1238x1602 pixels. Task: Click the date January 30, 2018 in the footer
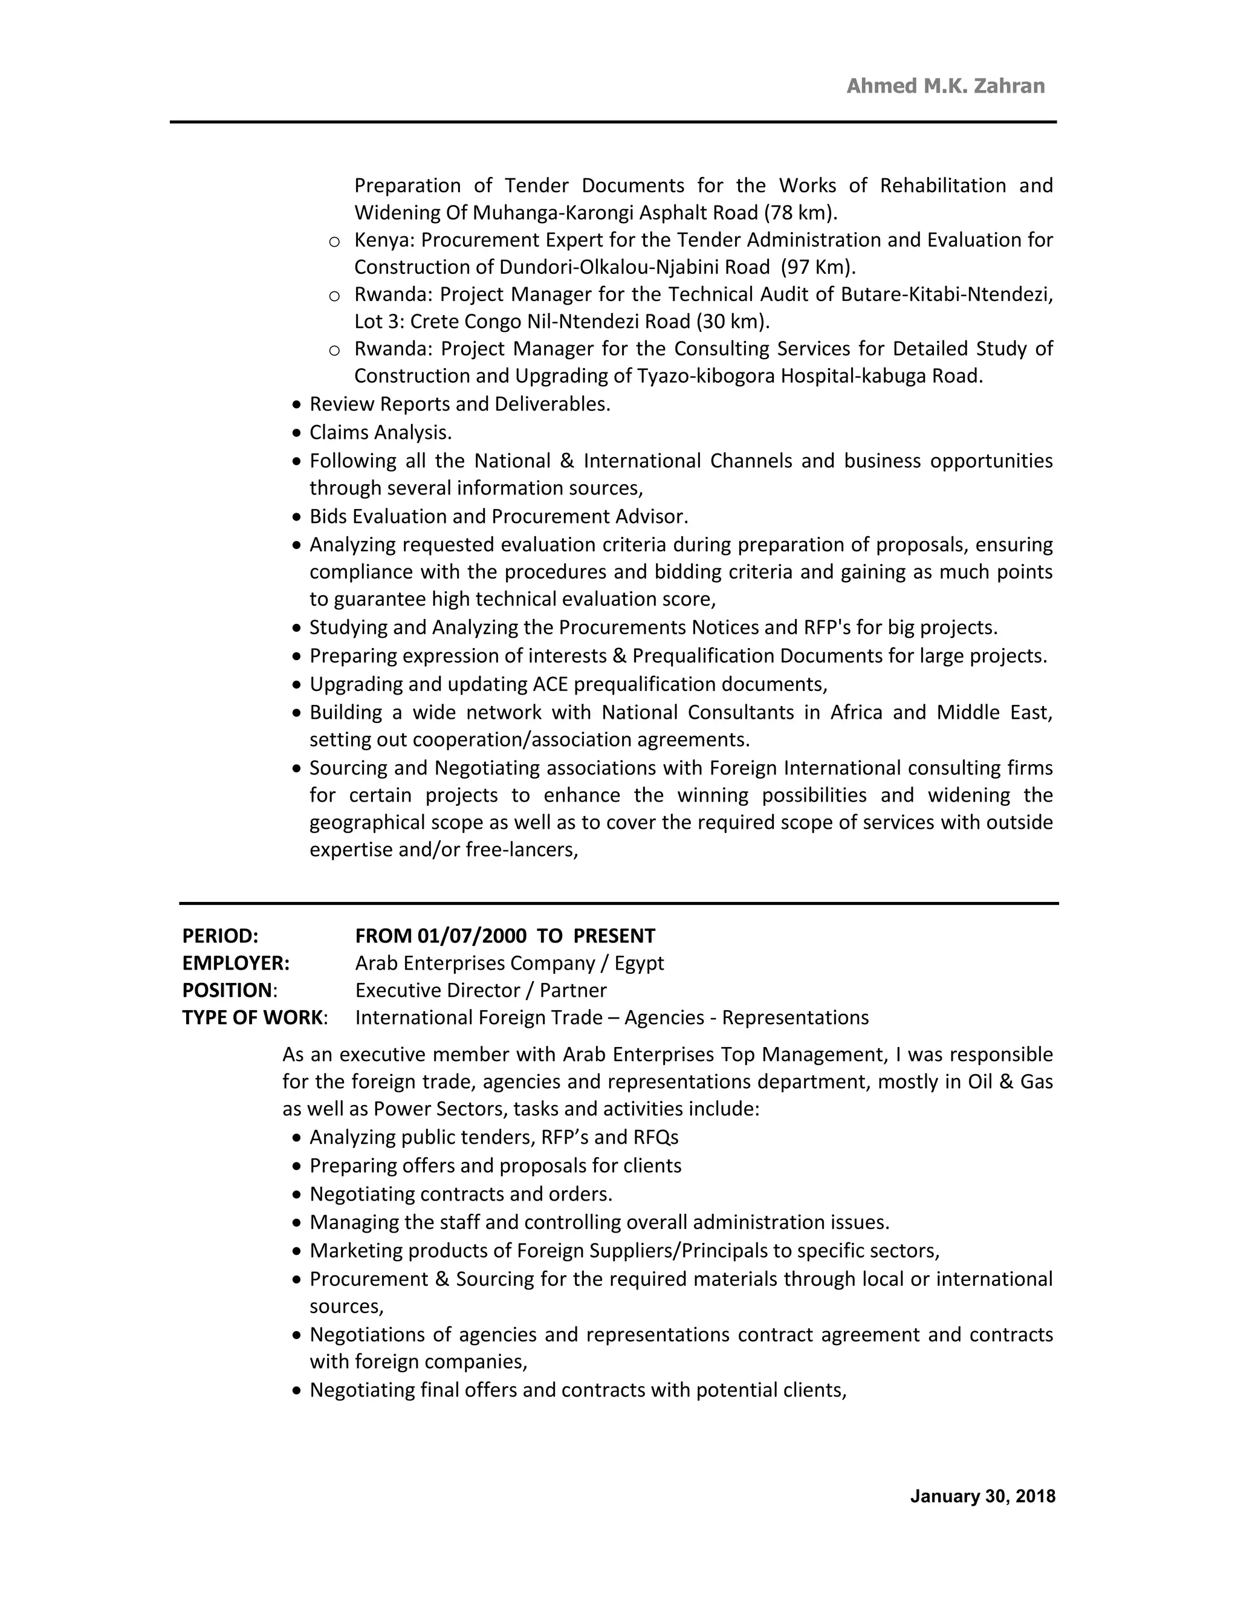tap(982, 1496)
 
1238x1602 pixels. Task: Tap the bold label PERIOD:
tap(220, 936)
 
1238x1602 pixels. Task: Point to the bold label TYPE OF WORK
tap(252, 1017)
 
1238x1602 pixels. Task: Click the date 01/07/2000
tap(472, 936)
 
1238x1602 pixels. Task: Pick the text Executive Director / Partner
tap(481, 990)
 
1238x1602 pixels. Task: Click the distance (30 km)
tap(733, 321)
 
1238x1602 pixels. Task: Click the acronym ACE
tap(551, 684)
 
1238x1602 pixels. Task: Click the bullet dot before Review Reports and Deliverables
tap(296, 405)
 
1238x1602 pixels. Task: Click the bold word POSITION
tap(227, 990)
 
